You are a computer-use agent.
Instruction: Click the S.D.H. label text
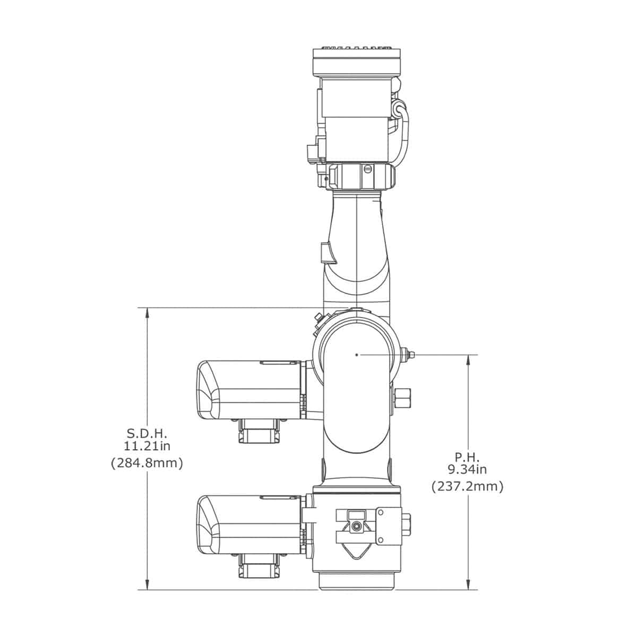(x=147, y=433)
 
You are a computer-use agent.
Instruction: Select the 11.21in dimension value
(x=147, y=446)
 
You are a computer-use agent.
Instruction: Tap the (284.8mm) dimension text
(x=147, y=463)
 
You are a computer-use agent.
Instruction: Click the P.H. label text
(x=467, y=458)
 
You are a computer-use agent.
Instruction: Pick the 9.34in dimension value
(x=467, y=470)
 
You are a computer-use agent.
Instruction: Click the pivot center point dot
(x=356, y=355)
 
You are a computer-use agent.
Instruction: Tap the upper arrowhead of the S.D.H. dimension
(x=147, y=313)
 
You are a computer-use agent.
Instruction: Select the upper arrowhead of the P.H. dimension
(x=468, y=360)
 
